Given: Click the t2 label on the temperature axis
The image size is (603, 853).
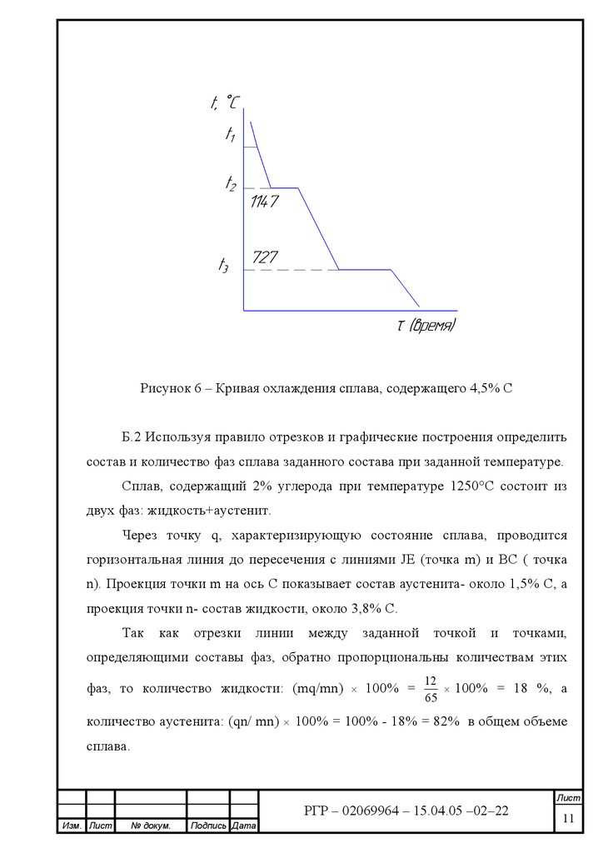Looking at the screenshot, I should click(231, 183).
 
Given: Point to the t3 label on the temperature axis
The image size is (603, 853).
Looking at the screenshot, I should click(223, 266).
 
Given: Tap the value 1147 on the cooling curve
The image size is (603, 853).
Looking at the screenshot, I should click(264, 202).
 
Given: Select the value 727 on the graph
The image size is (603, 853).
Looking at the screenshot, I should click(265, 257).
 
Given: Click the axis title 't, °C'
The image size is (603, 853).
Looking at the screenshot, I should click(224, 103).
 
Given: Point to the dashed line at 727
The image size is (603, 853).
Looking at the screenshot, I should click(292, 270).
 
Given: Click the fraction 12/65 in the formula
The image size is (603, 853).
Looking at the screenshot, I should click(430, 688).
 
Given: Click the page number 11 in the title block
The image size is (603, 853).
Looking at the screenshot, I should click(569, 819).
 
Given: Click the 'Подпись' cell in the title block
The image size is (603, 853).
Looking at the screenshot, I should click(207, 826).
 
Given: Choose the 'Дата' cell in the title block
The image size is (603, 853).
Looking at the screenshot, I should click(244, 826).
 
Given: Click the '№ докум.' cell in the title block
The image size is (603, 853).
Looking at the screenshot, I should click(151, 826).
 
